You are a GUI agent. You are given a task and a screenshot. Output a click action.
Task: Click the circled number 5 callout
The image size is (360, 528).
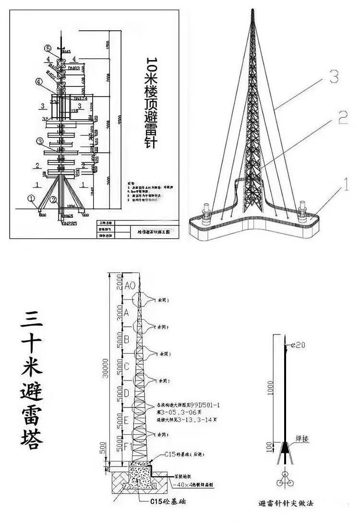[48, 48]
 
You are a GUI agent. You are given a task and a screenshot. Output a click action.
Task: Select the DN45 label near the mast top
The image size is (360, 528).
[66, 51]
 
